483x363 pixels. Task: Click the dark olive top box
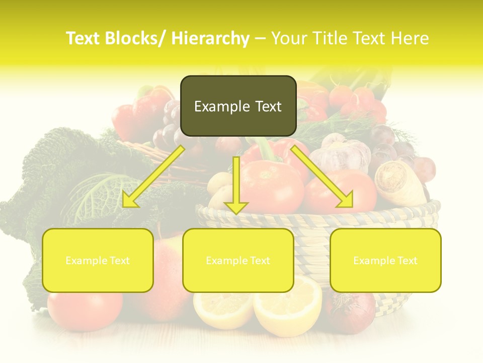click(238, 106)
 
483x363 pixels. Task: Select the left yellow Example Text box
click(98, 260)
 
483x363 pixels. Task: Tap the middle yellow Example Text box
click(238, 260)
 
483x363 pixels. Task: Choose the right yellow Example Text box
click(385, 260)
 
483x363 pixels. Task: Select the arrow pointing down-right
click(323, 177)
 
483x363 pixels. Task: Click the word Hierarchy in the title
click(210, 38)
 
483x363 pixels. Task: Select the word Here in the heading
click(410, 38)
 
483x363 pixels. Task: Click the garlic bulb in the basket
click(342, 152)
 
